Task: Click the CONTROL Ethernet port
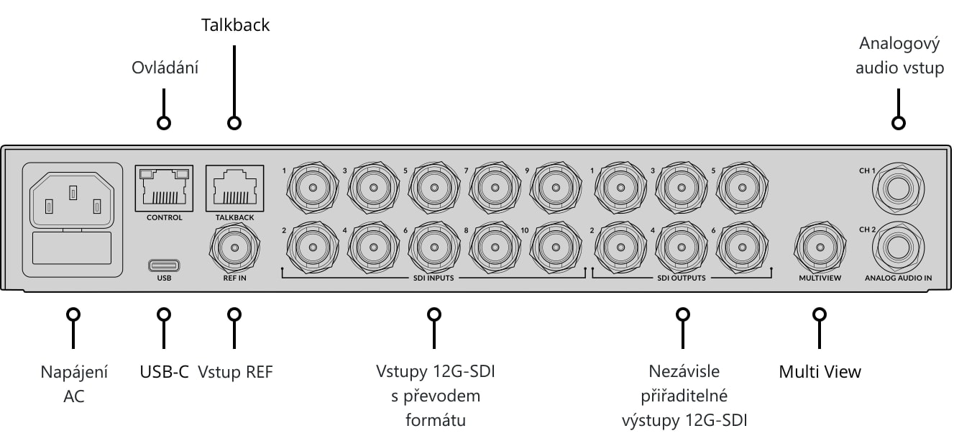tap(164, 188)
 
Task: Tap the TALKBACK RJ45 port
tap(234, 188)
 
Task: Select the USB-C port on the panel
tap(164, 265)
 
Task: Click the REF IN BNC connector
tap(234, 247)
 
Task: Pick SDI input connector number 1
tap(313, 188)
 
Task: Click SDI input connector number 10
tap(556, 247)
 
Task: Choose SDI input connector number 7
tap(495, 188)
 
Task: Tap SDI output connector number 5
tap(743, 188)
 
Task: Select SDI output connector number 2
tap(620, 247)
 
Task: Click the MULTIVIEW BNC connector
tap(820, 247)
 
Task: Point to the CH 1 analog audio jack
tap(898, 189)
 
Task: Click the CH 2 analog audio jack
tap(898, 247)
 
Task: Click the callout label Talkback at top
tap(236, 25)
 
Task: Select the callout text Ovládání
tap(165, 68)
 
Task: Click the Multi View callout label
tap(820, 372)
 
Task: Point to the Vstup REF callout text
tap(235, 372)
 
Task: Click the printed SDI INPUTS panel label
tap(434, 278)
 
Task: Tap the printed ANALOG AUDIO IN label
tap(898, 278)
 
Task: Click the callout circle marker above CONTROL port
tap(164, 123)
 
